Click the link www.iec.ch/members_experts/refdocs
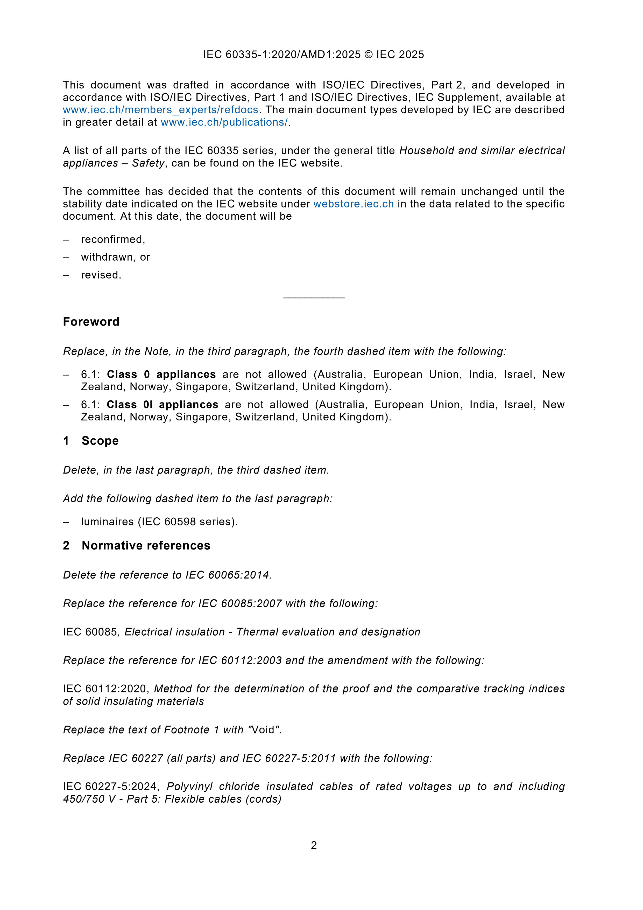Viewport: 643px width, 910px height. click(160, 110)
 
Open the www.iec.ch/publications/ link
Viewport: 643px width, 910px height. click(224, 122)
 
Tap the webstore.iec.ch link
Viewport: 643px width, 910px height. click(354, 204)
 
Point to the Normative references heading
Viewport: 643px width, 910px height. click(146, 546)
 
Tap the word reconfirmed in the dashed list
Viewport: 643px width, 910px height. click(113, 239)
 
